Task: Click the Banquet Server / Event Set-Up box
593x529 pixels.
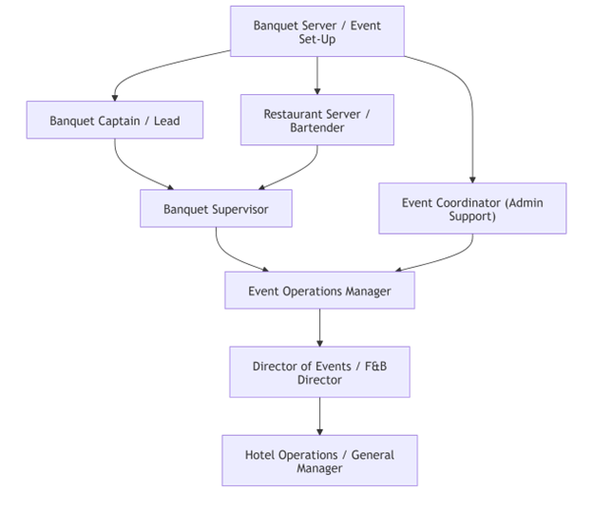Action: (316, 31)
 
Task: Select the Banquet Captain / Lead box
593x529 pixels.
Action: (114, 121)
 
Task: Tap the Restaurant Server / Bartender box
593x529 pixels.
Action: (316, 120)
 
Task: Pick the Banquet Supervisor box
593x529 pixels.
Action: (216, 208)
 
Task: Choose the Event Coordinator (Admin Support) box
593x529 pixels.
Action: (472, 208)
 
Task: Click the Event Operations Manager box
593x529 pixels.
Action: (319, 291)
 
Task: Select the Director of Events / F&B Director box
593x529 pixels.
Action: (319, 371)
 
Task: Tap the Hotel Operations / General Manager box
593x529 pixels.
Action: (319, 461)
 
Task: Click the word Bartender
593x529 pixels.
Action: (317, 127)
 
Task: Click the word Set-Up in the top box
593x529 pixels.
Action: (317, 40)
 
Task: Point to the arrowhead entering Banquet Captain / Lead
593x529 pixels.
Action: (114, 96)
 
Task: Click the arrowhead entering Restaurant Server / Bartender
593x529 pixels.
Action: (317, 90)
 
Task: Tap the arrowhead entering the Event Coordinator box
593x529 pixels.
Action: (472, 179)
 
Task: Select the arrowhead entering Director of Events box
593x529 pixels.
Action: (319, 342)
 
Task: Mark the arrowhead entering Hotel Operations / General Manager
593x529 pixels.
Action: (319, 430)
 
